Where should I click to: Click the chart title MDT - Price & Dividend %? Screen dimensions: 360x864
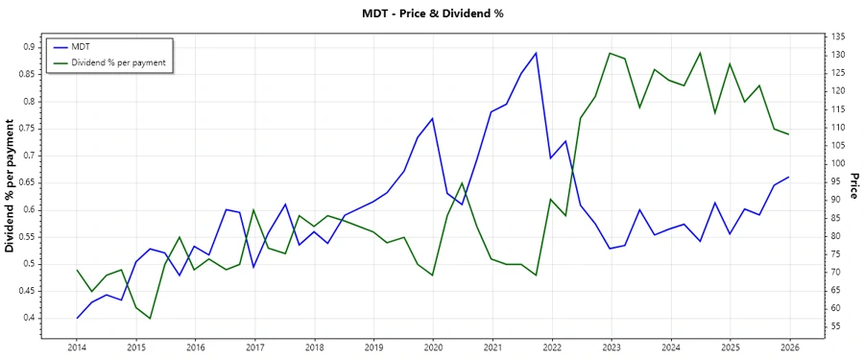click(x=432, y=13)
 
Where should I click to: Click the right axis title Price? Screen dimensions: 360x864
click(x=853, y=186)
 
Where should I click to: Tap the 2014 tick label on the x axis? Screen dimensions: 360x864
click(x=77, y=347)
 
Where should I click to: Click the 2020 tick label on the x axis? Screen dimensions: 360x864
click(x=433, y=347)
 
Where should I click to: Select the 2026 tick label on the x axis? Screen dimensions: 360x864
click(x=789, y=347)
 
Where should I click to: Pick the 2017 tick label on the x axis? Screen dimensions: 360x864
click(x=254, y=347)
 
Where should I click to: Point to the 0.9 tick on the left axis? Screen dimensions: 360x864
click(x=28, y=47)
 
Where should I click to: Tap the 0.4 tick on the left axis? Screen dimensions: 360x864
click(x=28, y=318)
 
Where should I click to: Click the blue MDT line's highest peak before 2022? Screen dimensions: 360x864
click(x=537, y=53)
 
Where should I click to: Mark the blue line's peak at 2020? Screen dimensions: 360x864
click(x=433, y=118)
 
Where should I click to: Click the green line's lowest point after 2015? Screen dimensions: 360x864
click(x=151, y=318)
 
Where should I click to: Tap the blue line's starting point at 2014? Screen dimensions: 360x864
click(x=77, y=318)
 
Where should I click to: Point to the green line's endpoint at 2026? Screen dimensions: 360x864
click(x=789, y=134)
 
